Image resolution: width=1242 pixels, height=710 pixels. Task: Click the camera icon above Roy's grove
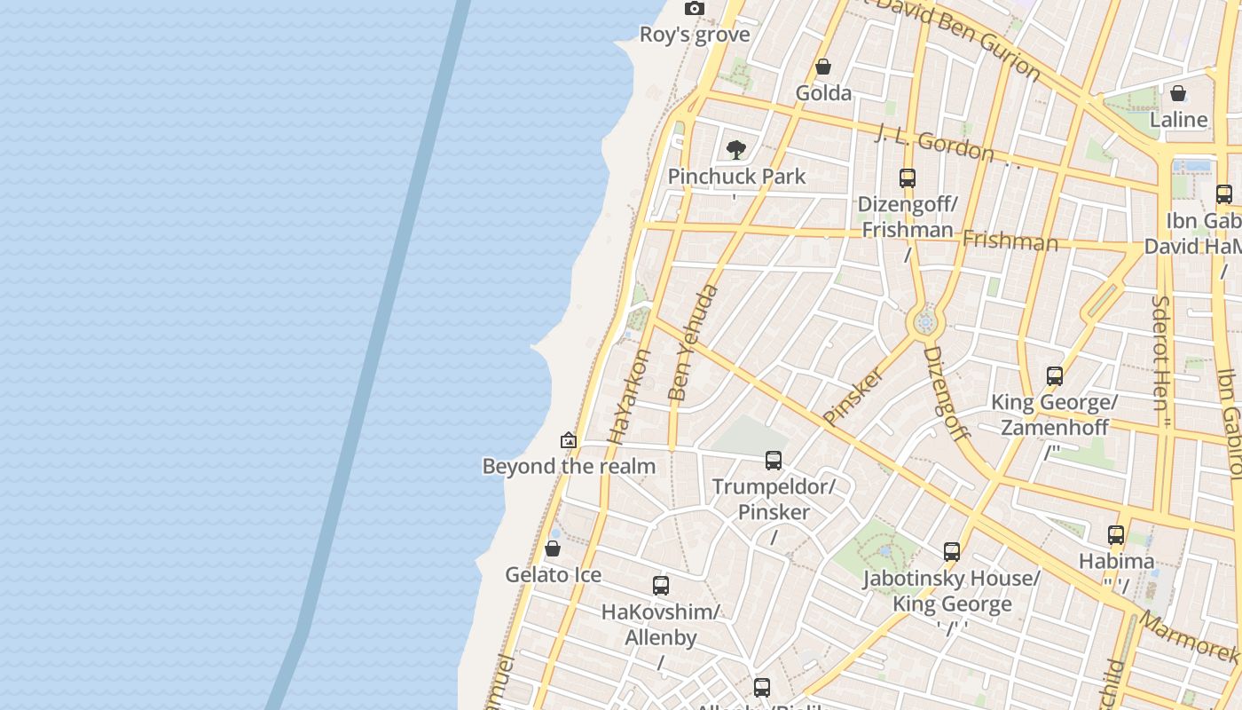coord(695,9)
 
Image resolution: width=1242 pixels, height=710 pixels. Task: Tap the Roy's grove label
coord(696,35)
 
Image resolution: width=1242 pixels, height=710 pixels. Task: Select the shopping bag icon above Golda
coord(823,67)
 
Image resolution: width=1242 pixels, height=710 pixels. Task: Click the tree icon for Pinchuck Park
coord(735,149)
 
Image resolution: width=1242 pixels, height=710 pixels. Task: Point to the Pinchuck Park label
coord(736,177)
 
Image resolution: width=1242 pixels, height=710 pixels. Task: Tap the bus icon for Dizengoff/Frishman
coord(907,177)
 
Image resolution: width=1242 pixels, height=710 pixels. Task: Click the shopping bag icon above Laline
coord(1178,93)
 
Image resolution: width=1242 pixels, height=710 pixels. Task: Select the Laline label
coord(1178,120)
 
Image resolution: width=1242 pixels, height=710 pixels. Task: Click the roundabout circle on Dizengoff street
coord(925,322)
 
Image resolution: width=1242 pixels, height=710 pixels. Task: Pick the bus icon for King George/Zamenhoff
coord(1054,375)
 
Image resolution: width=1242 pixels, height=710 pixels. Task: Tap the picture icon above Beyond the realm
coord(569,440)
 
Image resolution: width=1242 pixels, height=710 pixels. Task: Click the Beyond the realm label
coord(569,466)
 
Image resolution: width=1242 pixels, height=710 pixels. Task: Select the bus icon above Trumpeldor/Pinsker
coord(774,460)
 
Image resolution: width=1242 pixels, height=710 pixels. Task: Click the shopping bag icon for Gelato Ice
coord(553,548)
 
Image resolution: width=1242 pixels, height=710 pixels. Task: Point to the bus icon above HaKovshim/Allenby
coord(661,585)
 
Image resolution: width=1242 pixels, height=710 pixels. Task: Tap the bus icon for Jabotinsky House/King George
coord(952,552)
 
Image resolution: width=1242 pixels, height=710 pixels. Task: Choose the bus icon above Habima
coord(1116,535)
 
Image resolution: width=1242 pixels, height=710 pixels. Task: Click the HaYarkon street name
coord(629,397)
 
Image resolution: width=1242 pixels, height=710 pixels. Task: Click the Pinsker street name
coord(853,397)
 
